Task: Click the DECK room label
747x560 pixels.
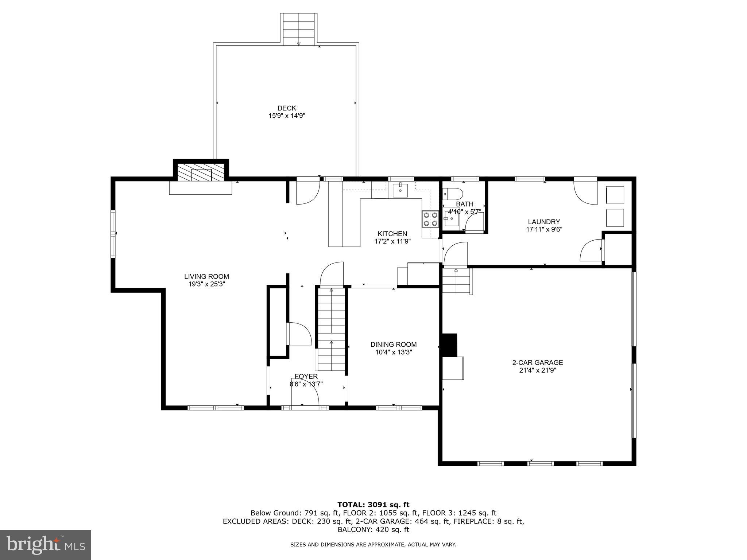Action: [287, 108]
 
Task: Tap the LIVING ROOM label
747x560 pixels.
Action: [206, 277]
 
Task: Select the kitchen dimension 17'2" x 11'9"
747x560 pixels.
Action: [392, 241]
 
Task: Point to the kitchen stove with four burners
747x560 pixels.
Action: [430, 219]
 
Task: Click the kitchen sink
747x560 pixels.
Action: [400, 190]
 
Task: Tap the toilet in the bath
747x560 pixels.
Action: [452, 193]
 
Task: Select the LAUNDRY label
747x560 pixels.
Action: [544, 222]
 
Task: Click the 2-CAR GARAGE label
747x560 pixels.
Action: [538, 363]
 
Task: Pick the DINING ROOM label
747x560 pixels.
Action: [394, 345]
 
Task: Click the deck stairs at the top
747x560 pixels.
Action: [299, 29]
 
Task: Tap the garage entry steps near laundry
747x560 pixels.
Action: [456, 281]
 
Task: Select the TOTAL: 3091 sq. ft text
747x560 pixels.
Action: [373, 505]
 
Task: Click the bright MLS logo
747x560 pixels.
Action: [45, 545]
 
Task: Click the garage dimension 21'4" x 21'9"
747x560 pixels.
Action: [538, 370]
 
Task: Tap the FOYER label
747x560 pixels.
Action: [306, 376]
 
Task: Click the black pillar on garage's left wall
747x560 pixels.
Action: [449, 345]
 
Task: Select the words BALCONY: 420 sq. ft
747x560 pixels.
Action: [373, 529]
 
